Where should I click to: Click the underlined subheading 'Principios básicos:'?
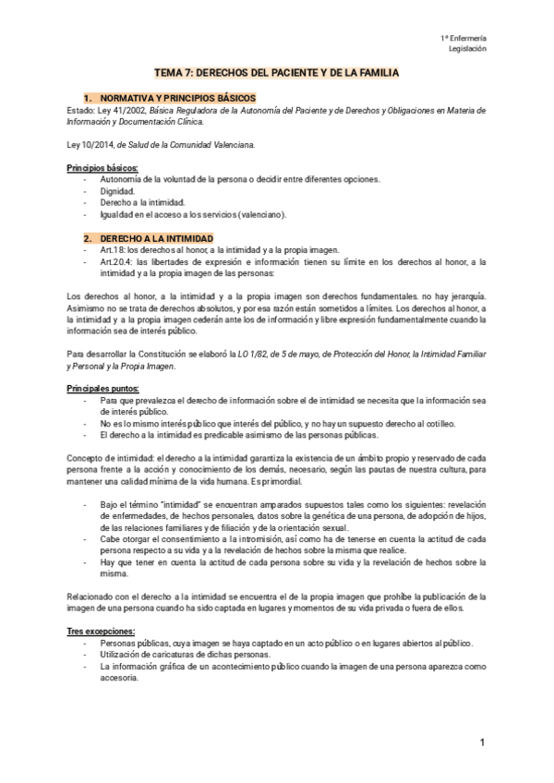coord(102,167)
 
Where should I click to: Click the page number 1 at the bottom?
coord(482,743)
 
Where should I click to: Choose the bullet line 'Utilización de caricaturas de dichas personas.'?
coord(185,654)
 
